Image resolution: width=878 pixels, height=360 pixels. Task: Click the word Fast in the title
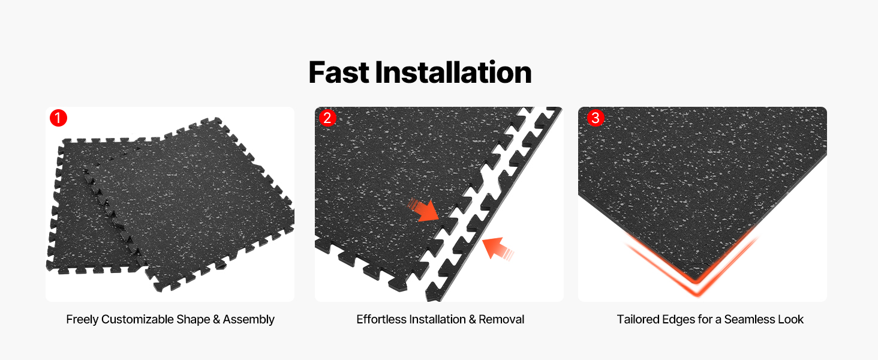pyautogui.click(x=339, y=73)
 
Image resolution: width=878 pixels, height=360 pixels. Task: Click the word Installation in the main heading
pyautogui.click(x=453, y=73)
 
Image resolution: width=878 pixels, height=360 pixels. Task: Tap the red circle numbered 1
pyautogui.click(x=58, y=118)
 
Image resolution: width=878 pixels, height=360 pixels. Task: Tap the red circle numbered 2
pyautogui.click(x=327, y=118)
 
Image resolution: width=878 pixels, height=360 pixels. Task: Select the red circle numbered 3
pyautogui.click(x=596, y=118)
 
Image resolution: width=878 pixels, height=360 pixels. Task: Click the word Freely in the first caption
pyautogui.click(x=82, y=320)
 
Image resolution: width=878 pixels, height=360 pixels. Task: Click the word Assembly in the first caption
pyautogui.click(x=248, y=320)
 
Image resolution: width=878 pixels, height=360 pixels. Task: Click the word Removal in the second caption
pyautogui.click(x=501, y=319)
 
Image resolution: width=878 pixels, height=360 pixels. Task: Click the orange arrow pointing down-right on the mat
pyautogui.click(x=423, y=211)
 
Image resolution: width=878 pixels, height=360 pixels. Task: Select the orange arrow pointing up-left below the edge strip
pyautogui.click(x=497, y=248)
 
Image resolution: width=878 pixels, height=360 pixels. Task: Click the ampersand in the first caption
pyautogui.click(x=217, y=320)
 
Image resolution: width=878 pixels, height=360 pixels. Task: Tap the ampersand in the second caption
pyautogui.click(x=473, y=320)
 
